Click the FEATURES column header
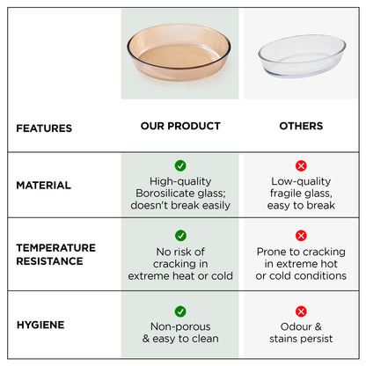coord(44,128)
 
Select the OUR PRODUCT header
coord(180,126)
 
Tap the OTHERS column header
coord(301,126)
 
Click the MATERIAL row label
coord(43,185)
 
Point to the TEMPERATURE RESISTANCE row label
coord(55,254)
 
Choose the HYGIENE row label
coord(40,325)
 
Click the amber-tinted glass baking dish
coord(179,52)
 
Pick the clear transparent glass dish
coord(302,55)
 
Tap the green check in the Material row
coord(180,165)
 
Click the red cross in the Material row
coord(301,165)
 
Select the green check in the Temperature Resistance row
coord(180,236)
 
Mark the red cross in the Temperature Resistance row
coord(301,236)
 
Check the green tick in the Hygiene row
coord(180,311)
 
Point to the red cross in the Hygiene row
coord(301,311)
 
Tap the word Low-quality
coord(301,181)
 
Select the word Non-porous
coord(180,326)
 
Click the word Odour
coord(296,326)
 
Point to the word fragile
coord(285,194)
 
